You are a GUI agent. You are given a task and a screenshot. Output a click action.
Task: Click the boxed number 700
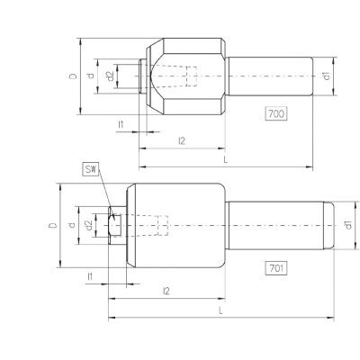[276, 113]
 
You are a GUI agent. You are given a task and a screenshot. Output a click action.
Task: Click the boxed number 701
[276, 268]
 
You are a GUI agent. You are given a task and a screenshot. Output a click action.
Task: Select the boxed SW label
[91, 169]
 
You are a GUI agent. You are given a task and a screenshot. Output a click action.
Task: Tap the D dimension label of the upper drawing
[73, 76]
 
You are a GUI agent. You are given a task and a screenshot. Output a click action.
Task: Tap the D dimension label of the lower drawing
[53, 225]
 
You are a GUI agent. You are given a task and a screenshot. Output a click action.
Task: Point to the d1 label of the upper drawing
[327, 76]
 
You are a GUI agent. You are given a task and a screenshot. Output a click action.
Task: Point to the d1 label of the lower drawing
[348, 225]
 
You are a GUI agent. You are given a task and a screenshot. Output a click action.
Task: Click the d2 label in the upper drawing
[110, 76]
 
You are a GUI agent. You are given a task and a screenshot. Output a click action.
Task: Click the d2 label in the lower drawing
[88, 225]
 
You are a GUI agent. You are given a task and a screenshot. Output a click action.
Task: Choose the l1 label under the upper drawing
[121, 124]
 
